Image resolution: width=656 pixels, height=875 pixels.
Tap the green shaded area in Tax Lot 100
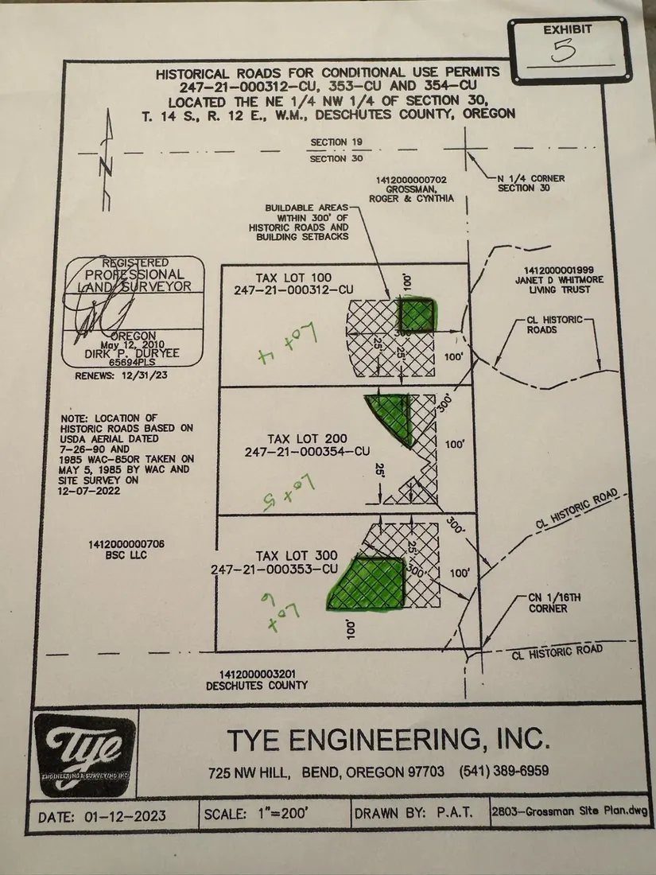tap(416, 315)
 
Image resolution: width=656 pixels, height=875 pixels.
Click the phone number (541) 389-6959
tap(504, 772)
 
